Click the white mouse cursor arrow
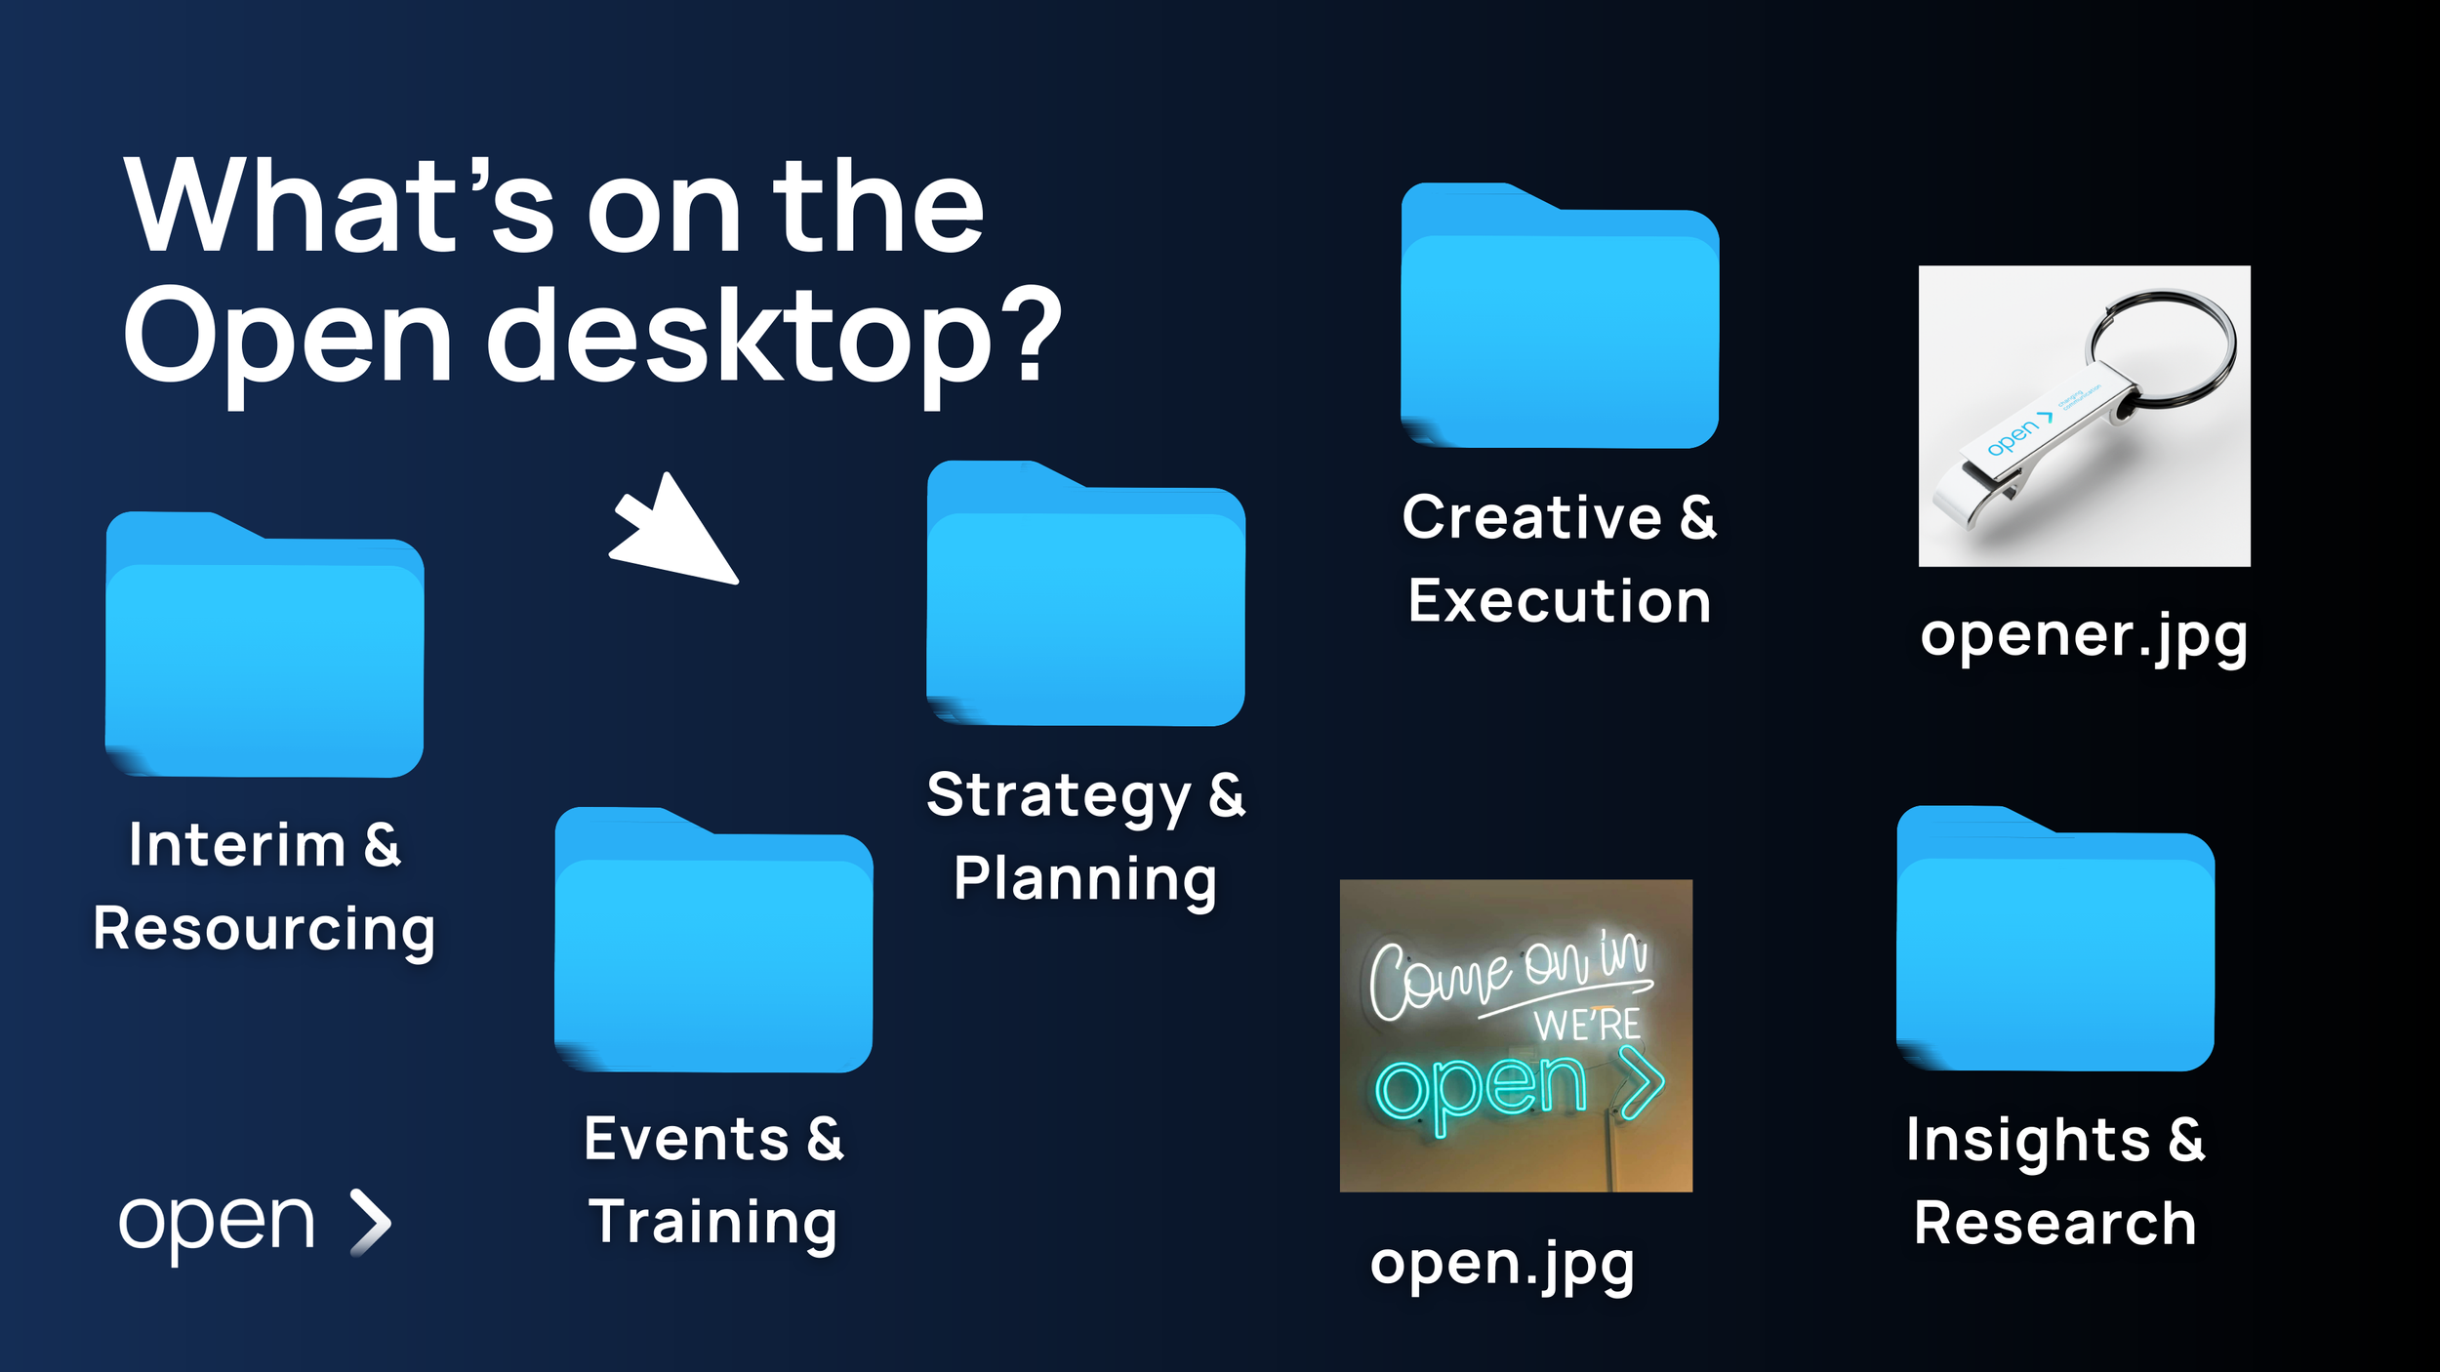pyautogui.click(x=678, y=532)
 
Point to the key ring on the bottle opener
pyautogui.click(x=2163, y=347)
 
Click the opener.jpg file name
pyautogui.click(x=2084, y=636)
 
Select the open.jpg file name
pyautogui.click(x=1502, y=1265)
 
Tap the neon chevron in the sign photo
pyautogui.click(x=1644, y=1082)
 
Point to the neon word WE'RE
pyautogui.click(x=1586, y=1026)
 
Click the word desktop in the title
pyautogui.click(x=739, y=337)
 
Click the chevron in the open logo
pyautogui.click(x=372, y=1222)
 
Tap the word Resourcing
pyautogui.click(x=264, y=929)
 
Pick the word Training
pyautogui.click(x=713, y=1223)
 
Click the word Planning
pyautogui.click(x=1085, y=879)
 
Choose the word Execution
pyautogui.click(x=1560, y=601)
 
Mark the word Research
pyautogui.click(x=2055, y=1224)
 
